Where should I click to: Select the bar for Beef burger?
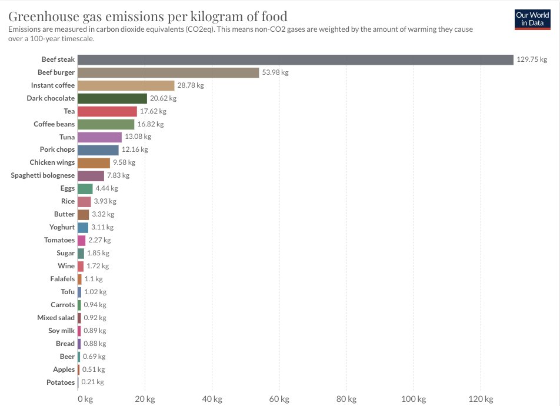[x=168, y=72]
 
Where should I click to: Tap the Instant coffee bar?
[x=126, y=85]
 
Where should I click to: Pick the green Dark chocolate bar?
[x=112, y=98]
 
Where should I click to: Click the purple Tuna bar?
[x=99, y=137]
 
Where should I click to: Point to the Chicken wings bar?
[x=94, y=163]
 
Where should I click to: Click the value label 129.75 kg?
[x=532, y=59]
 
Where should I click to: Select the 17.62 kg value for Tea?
[x=153, y=111]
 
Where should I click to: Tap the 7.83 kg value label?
[x=118, y=176]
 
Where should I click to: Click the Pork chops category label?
[x=57, y=150]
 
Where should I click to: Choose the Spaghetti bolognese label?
[x=43, y=176]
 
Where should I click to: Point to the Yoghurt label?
[x=62, y=228]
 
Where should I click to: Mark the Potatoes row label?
[x=61, y=383]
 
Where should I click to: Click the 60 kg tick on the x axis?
[x=279, y=400]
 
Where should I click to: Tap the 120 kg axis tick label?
[x=481, y=400]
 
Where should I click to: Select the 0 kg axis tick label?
[x=85, y=400]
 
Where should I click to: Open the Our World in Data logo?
[x=532, y=18]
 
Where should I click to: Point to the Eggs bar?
[x=85, y=189]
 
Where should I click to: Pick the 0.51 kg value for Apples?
[x=93, y=370]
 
